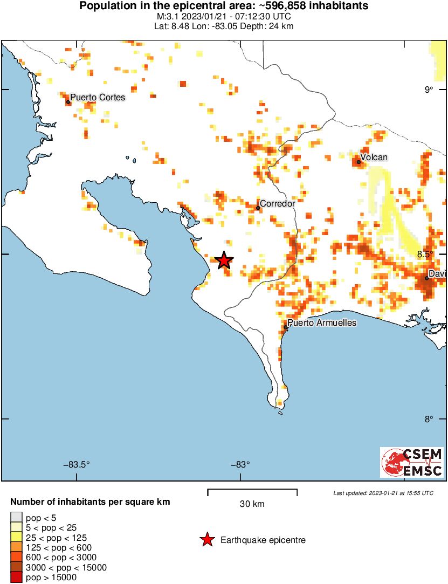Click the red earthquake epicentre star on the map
[x=224, y=260]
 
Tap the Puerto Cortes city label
[x=98, y=98]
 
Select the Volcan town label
[x=374, y=157]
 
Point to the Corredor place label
[x=277, y=204]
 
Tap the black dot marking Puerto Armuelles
[x=286, y=327]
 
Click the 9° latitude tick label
[x=428, y=90]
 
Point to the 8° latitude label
[x=428, y=419]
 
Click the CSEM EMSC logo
[x=412, y=462]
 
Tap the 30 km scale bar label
[x=252, y=504]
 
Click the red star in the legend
[x=206, y=540]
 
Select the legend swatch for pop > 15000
[x=17, y=578]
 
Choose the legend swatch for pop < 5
[x=17, y=518]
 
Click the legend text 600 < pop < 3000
[x=63, y=557]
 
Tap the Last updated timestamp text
[x=383, y=493]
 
